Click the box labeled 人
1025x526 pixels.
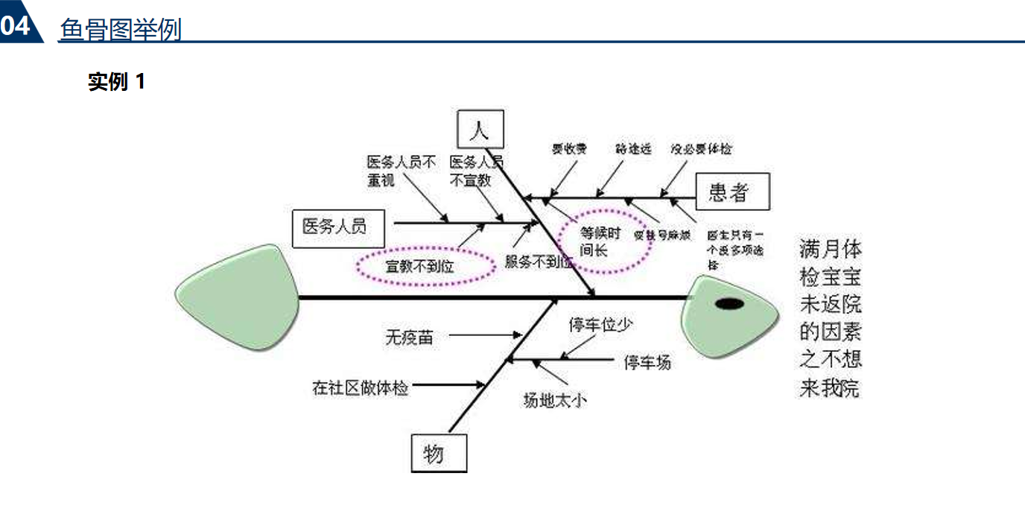480,130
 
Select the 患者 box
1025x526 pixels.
728,193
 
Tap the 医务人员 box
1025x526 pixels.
338,226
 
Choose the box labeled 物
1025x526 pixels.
439,452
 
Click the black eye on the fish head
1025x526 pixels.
729,303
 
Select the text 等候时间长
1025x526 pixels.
600,241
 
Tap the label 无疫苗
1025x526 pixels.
408,337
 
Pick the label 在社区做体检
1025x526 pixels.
361,387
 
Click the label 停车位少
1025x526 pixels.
601,325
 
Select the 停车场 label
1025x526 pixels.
647,362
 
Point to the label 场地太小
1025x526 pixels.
554,400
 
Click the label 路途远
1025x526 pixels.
633,148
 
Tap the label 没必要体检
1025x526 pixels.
700,148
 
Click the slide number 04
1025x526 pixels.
16,26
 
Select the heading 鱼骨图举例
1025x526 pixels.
121,30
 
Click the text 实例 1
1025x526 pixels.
116,81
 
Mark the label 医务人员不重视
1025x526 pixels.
401,171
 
